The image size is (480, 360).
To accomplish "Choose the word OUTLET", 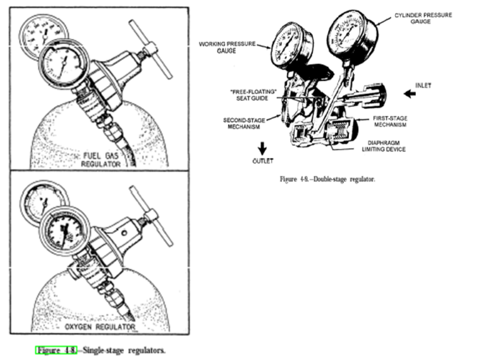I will pos(264,160).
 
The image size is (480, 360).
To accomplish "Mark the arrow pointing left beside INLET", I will pos(410,95).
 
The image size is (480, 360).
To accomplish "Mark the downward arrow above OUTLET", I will pos(263,147).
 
